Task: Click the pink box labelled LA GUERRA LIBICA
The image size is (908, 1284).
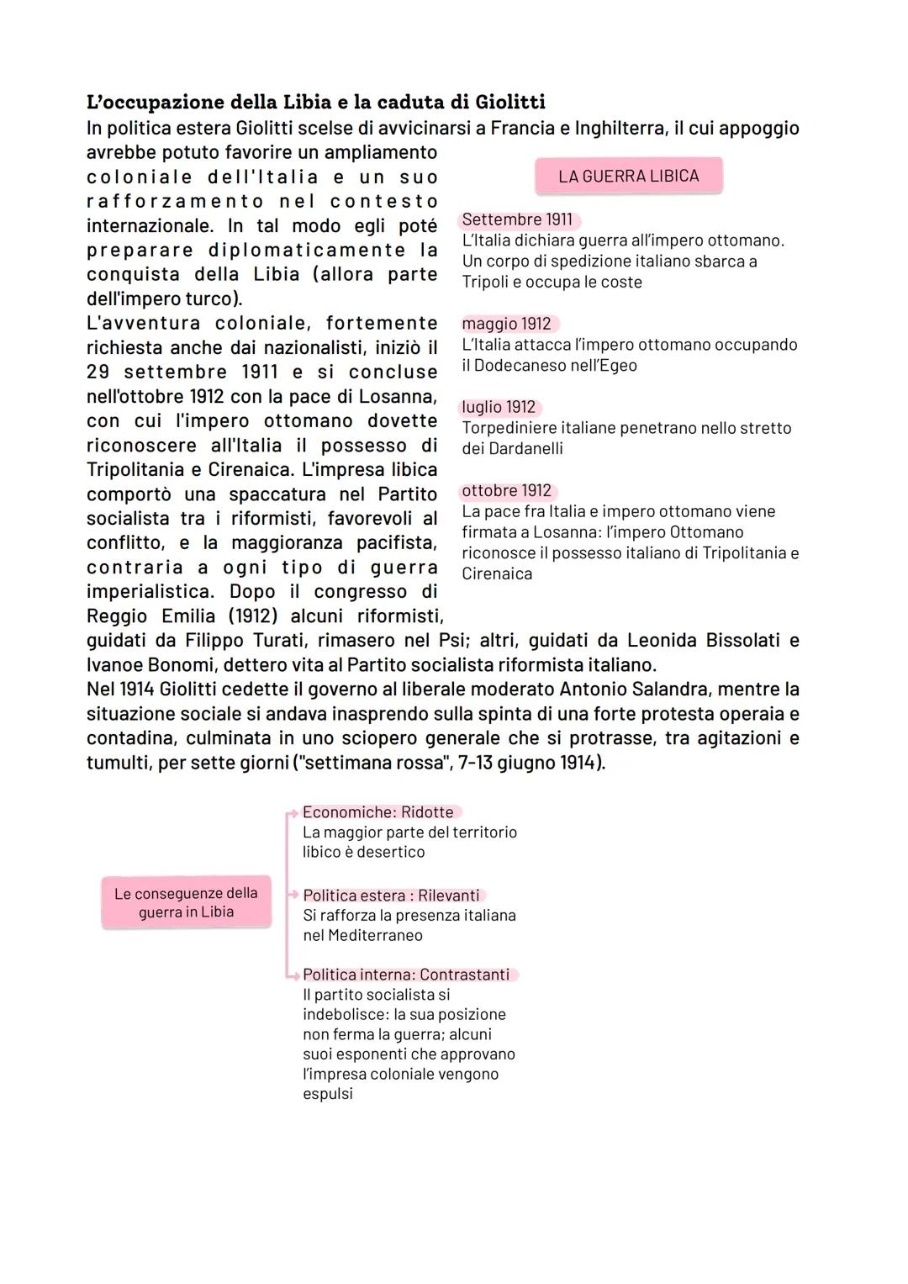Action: pyautogui.click(x=628, y=176)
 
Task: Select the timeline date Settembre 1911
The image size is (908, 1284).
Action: pyautogui.click(x=517, y=219)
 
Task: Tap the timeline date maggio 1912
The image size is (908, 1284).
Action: pyautogui.click(x=507, y=324)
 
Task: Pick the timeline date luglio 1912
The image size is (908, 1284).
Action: pyautogui.click(x=499, y=407)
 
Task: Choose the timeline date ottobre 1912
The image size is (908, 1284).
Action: pyautogui.click(x=507, y=490)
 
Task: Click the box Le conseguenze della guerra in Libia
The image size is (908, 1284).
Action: pyautogui.click(x=186, y=902)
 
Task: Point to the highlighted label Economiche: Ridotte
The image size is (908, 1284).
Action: pyautogui.click(x=378, y=812)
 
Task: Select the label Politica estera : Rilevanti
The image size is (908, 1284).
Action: pyautogui.click(x=391, y=896)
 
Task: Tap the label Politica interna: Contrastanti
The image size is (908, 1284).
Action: pyautogui.click(x=406, y=975)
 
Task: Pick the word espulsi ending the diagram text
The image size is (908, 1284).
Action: pyautogui.click(x=328, y=1094)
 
